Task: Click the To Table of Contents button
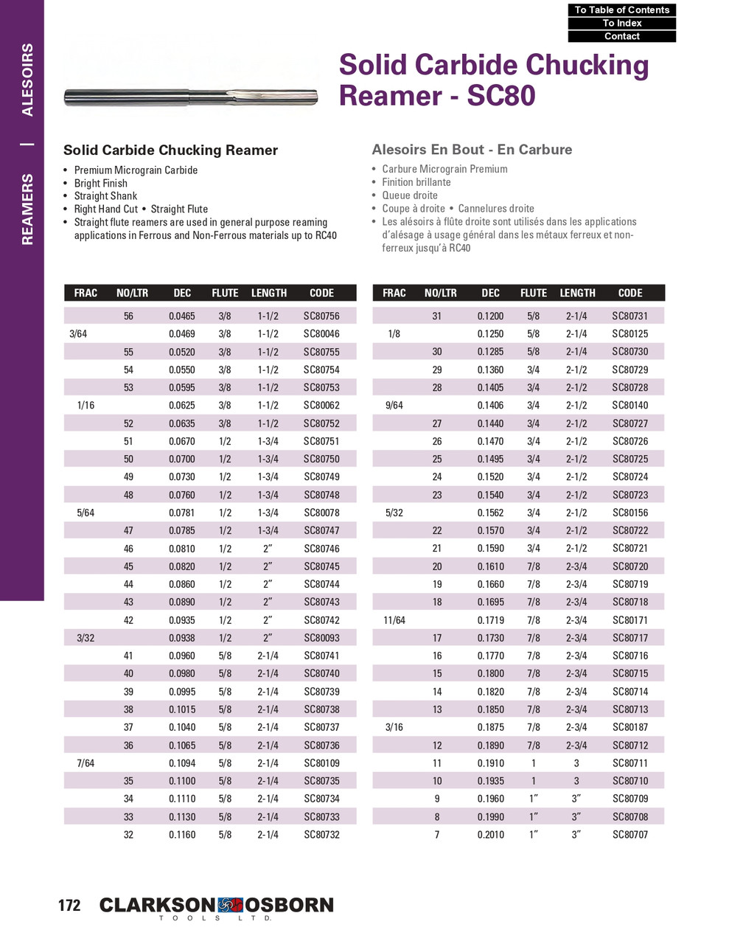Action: tap(621, 10)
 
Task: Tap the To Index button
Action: tap(621, 23)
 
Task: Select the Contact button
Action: tap(621, 36)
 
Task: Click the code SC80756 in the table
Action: tap(321, 316)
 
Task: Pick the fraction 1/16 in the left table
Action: tap(86, 405)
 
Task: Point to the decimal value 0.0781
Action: tap(182, 513)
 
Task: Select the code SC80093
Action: tap(321, 638)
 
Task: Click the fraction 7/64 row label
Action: tap(86, 763)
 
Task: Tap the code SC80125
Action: tap(630, 333)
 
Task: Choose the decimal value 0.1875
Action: tap(491, 727)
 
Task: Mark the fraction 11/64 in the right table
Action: tap(394, 620)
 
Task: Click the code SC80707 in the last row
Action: tap(630, 835)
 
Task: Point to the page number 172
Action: tap(69, 905)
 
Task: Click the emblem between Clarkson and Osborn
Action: tap(230, 905)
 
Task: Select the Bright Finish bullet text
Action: tap(100, 183)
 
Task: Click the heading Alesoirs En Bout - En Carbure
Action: tap(472, 150)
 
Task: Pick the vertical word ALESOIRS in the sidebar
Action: tap(27, 80)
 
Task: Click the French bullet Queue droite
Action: tap(410, 195)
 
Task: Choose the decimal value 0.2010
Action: tap(491, 835)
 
